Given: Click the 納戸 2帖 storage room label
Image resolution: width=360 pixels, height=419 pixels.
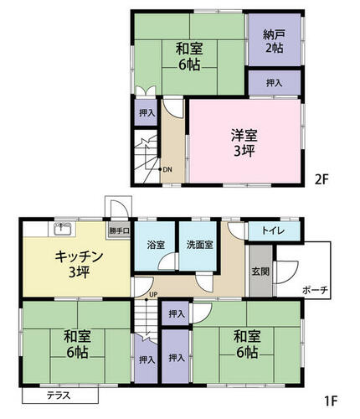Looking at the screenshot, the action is (x=274, y=41).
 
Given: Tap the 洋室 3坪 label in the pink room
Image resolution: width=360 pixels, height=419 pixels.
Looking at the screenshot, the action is (x=244, y=143).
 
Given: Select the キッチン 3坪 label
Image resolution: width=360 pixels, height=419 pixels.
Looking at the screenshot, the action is (x=79, y=264).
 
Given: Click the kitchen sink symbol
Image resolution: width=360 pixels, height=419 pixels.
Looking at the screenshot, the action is (x=62, y=229).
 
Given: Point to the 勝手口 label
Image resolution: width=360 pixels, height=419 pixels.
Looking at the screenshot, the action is (x=119, y=230).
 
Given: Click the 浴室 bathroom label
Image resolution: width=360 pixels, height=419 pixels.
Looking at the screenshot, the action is (x=156, y=245).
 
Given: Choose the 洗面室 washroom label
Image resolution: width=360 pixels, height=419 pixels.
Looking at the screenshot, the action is (x=200, y=245).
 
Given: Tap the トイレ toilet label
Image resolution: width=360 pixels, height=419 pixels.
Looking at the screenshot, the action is (x=273, y=230).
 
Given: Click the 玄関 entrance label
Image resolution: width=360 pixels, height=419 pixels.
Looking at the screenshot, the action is (x=260, y=272).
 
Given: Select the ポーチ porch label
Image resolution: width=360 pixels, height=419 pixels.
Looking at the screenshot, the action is (x=315, y=291).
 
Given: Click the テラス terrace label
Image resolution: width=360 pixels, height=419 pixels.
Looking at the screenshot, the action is (x=59, y=396).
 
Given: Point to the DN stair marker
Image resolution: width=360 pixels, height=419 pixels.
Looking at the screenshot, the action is (x=167, y=169).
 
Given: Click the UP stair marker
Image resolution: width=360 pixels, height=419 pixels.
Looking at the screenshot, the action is (x=153, y=294).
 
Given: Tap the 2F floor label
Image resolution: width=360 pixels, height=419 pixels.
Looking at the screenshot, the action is (x=322, y=179).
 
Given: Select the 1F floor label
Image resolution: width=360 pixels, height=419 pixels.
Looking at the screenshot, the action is (x=331, y=401).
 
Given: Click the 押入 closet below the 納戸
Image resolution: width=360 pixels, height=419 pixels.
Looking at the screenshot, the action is (x=275, y=83).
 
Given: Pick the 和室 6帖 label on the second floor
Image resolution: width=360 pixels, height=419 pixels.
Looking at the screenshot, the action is (x=189, y=56).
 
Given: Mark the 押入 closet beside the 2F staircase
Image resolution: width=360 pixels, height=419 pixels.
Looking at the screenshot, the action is (x=147, y=113).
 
